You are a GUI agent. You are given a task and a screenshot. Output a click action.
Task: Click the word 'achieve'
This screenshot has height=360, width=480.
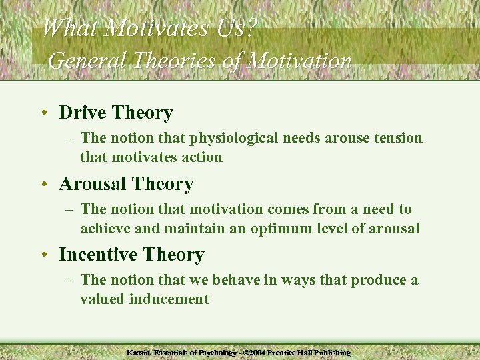(106, 229)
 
